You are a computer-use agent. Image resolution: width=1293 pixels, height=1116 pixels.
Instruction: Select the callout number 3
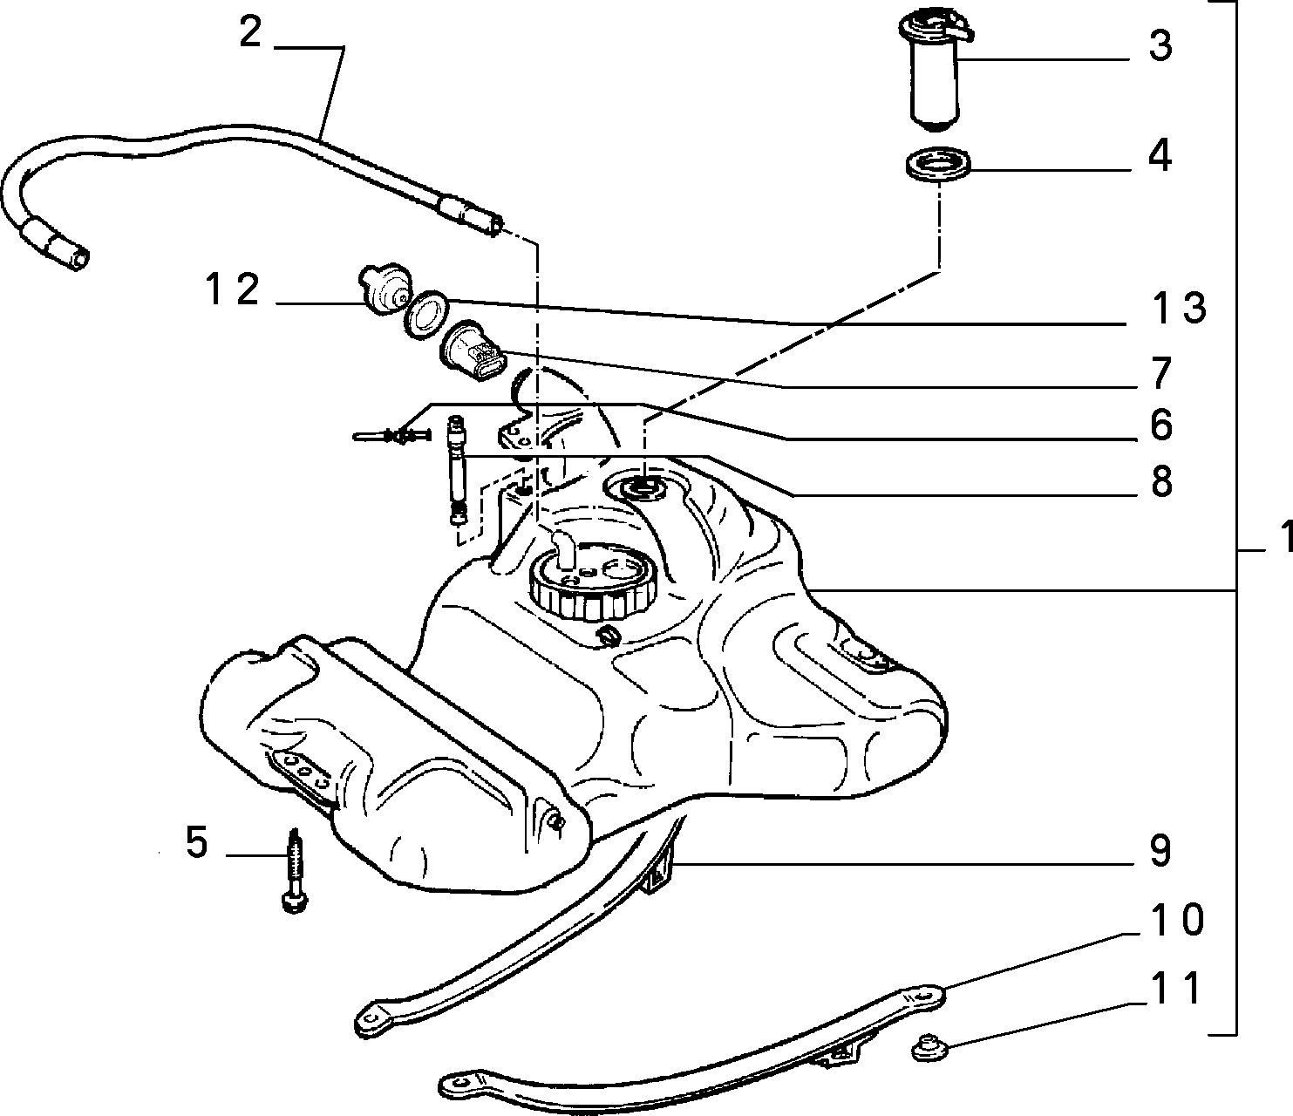(1160, 45)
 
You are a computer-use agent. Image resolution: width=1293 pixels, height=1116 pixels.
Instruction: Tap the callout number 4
(1160, 156)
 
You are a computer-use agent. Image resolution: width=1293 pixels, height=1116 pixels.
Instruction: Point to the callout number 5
(196, 842)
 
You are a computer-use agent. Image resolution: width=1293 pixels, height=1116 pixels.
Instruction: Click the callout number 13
(1180, 309)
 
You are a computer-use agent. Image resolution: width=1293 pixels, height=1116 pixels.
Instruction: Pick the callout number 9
(1161, 852)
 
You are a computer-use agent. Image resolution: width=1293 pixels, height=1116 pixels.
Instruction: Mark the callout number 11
(1176, 988)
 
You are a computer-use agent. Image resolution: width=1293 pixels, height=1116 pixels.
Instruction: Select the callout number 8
(1161, 482)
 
